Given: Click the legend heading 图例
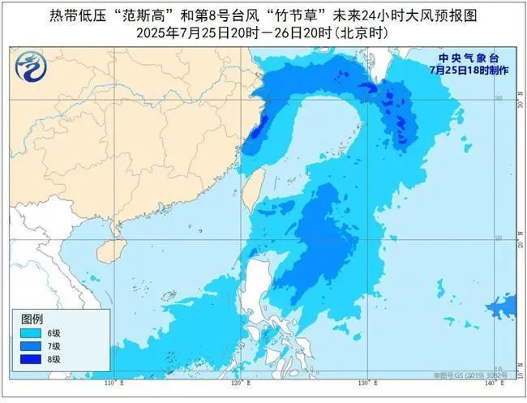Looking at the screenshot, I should click(x=32, y=318).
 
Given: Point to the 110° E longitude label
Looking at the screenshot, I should click(x=113, y=382).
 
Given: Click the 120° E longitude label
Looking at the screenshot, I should click(x=238, y=382).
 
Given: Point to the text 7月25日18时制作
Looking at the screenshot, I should click(x=469, y=71).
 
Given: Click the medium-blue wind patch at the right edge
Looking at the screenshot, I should click(x=500, y=307).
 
